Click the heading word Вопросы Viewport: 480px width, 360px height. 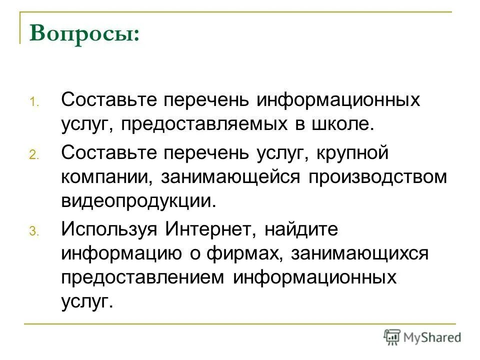[x=84, y=34]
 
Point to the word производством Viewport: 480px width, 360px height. [x=377, y=177]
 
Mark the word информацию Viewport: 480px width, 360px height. [x=121, y=254]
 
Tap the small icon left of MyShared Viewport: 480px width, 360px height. [x=392, y=337]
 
